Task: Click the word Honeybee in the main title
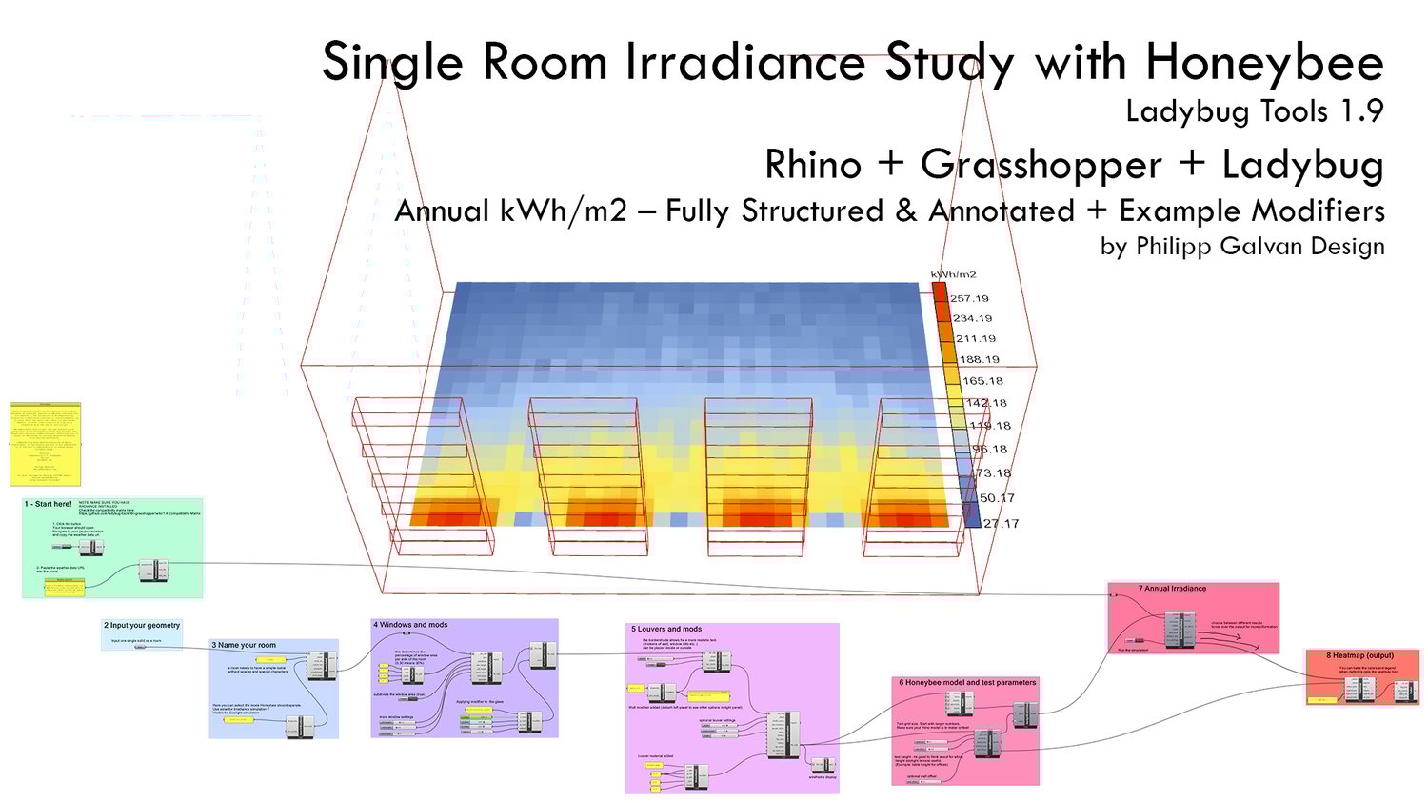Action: [x=1263, y=63]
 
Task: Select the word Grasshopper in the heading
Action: [x=1041, y=165]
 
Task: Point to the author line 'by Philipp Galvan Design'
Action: [x=1241, y=246]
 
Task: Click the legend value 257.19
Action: [x=969, y=298]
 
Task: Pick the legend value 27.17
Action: [x=1000, y=523]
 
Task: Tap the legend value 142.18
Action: [x=986, y=403]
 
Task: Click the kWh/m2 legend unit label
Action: [x=953, y=275]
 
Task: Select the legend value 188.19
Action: [x=980, y=359]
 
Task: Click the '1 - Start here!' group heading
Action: [x=48, y=504]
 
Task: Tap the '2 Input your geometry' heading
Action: [x=142, y=626]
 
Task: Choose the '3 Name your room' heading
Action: [x=244, y=645]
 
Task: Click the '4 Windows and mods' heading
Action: [x=410, y=625]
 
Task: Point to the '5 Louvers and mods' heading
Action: [x=666, y=629]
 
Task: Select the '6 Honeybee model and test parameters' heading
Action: [x=967, y=682]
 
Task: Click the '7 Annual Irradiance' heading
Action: [x=1172, y=589]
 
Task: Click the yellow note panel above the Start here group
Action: [x=46, y=444]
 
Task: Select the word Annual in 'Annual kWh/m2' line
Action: [x=442, y=211]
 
